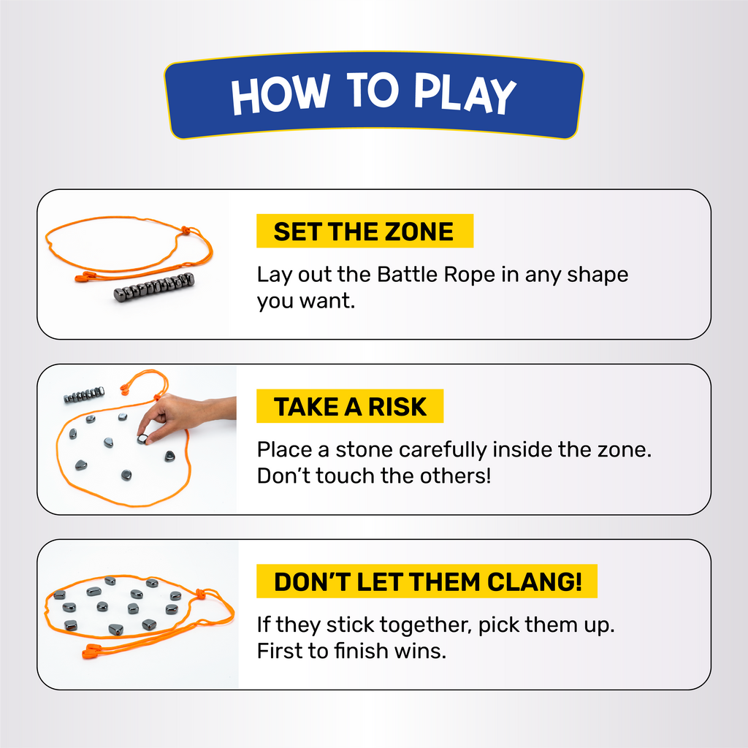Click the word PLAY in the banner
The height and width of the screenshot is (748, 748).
(465, 93)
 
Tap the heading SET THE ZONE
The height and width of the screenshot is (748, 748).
(364, 232)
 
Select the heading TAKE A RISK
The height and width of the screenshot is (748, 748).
(350, 407)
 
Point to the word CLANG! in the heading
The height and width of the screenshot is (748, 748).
(535, 582)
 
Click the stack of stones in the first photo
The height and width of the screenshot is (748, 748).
(154, 287)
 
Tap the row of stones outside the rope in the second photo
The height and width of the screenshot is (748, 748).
(84, 394)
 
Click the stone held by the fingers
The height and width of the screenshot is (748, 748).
(142, 439)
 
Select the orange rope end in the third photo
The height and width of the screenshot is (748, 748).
(93, 651)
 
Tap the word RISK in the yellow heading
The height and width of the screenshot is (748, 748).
(397, 407)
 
